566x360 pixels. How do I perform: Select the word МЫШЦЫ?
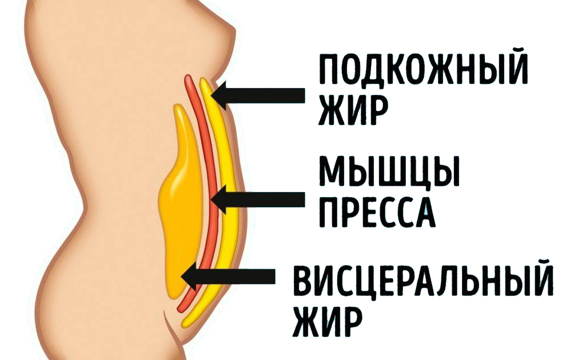click(389, 170)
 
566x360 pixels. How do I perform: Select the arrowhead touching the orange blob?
click(192, 277)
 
